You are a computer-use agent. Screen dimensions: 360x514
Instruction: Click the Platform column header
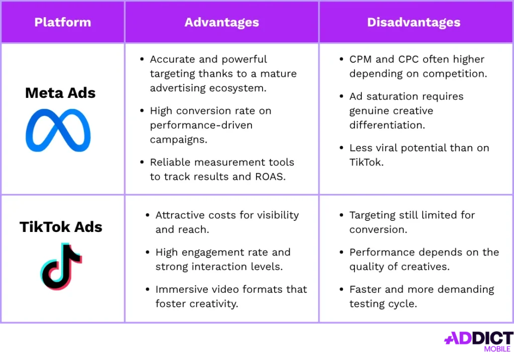[63, 22]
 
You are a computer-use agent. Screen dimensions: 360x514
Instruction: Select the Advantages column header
[221, 22]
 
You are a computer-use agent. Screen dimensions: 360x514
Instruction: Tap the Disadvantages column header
[414, 22]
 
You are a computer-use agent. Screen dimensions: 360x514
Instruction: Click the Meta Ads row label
[60, 93]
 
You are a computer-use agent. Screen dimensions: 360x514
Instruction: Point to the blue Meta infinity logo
[58, 130]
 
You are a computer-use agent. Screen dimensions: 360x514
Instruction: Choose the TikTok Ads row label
[61, 227]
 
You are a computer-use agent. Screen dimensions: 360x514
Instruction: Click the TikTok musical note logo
[61, 266]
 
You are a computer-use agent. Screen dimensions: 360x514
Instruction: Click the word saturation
[392, 96]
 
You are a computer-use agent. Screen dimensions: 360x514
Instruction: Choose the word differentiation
[387, 125]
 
